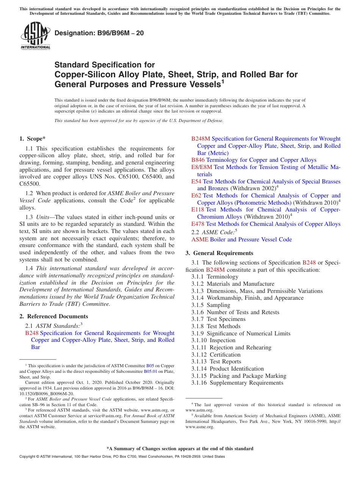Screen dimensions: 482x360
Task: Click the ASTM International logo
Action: [35, 36]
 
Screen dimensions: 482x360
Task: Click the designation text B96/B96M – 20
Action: [99, 33]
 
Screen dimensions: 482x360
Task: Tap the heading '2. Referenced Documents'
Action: [53, 316]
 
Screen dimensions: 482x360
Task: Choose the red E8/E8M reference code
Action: [202, 167]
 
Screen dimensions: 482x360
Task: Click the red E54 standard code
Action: [196, 182]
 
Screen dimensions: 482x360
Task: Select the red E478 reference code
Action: [198, 224]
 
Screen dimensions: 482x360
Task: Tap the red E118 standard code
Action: [198, 210]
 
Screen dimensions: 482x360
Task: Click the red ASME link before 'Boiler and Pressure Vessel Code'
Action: [200, 239]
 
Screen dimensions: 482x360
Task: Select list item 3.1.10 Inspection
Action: [213, 340]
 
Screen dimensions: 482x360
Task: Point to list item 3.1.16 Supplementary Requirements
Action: [237, 383]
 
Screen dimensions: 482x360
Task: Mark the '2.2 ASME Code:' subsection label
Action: [214, 232]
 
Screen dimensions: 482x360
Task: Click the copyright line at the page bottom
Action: [122, 457]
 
